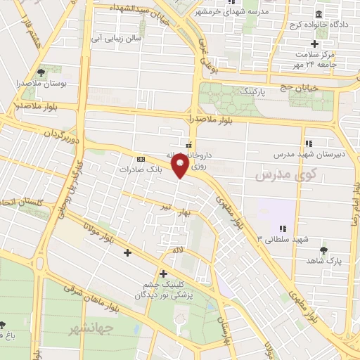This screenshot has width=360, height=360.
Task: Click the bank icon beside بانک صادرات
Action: pos(141,159)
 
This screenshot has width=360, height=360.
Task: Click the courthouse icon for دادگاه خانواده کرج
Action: pos(319,15)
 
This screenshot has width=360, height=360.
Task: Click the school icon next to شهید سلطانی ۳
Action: pos(283,229)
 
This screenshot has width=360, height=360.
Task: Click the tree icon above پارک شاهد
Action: pos(323,250)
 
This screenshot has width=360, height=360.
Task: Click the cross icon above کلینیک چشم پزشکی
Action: pos(163,273)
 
